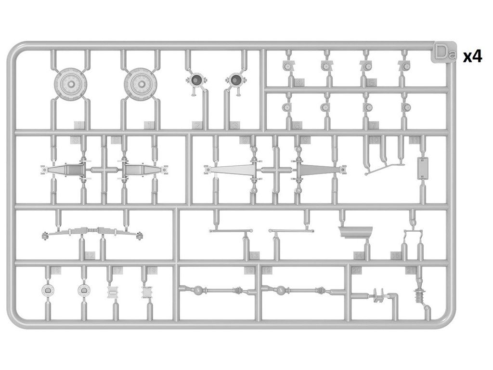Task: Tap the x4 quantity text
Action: pos(472,57)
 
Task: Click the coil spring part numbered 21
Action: pos(420,294)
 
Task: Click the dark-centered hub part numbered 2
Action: pos(197,80)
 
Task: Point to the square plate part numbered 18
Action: pos(148,292)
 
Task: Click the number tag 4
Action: pos(299,82)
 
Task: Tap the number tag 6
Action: pos(297,126)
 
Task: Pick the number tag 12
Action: pos(90,255)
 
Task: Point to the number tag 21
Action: pos(411,270)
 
